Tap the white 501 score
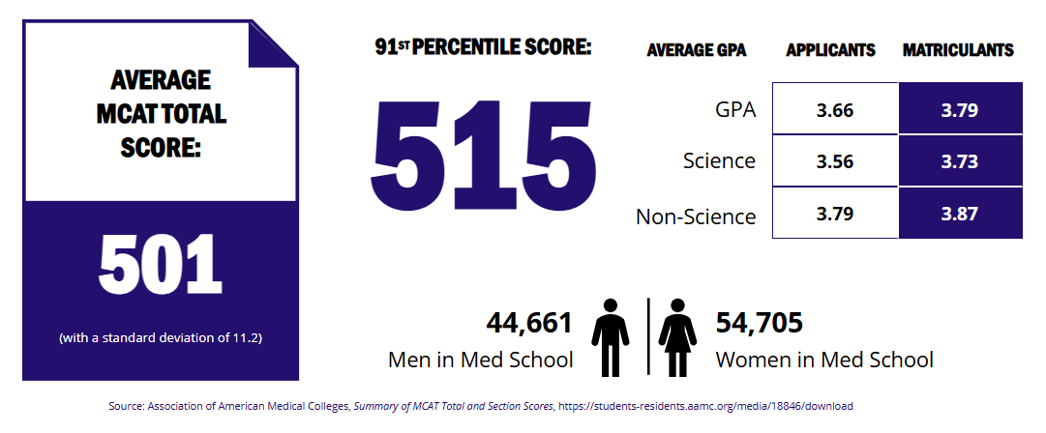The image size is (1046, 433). (161, 266)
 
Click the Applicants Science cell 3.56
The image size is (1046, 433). (835, 161)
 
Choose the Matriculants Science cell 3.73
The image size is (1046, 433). (960, 161)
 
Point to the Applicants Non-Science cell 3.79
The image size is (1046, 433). (835, 214)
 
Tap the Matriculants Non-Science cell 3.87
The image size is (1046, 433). (960, 214)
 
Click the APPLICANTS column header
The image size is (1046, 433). (830, 50)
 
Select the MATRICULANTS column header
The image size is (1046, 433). (958, 50)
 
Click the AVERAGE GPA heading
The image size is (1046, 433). (697, 50)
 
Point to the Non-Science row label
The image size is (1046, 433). (696, 216)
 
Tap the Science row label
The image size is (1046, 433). (719, 160)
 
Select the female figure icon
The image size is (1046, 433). (678, 337)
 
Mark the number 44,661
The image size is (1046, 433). (529, 323)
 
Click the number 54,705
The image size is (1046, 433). (760, 323)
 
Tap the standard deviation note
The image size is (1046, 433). (161, 338)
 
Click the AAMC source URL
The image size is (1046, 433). (704, 407)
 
